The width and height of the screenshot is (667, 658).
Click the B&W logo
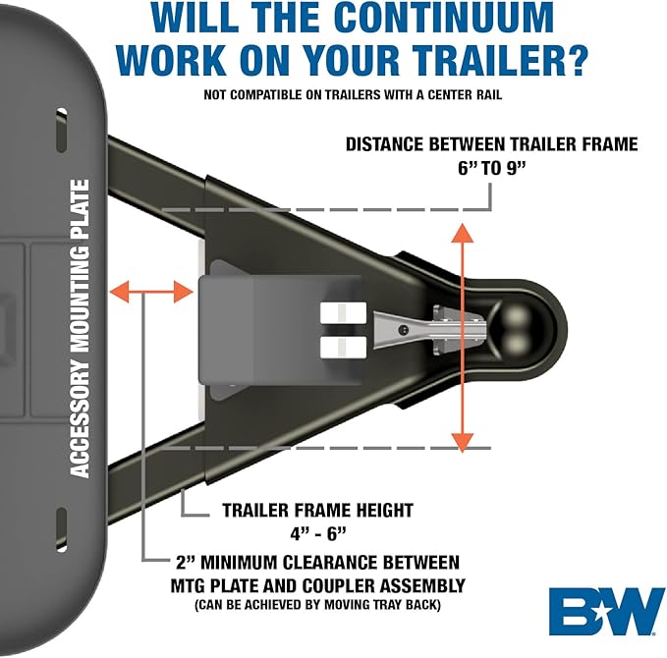(x=607, y=611)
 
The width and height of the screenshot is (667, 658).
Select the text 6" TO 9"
(x=491, y=169)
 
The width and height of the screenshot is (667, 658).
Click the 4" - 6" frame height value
(x=318, y=533)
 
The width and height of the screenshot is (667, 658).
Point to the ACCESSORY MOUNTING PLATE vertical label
(x=80, y=328)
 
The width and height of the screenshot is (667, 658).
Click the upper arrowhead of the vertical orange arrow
(x=463, y=233)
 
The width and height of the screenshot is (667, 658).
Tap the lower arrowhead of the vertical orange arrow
(x=463, y=442)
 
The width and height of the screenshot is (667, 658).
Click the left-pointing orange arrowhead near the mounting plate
(x=119, y=293)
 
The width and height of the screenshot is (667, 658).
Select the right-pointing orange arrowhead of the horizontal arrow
(x=184, y=293)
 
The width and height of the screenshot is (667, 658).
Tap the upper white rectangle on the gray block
(x=343, y=312)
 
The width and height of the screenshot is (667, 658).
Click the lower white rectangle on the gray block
(x=343, y=347)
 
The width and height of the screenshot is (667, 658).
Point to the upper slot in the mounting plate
(x=62, y=130)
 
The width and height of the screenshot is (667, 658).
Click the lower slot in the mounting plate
(x=62, y=529)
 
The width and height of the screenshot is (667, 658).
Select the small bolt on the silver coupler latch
(x=404, y=330)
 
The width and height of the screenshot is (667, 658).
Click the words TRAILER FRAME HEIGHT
(x=317, y=511)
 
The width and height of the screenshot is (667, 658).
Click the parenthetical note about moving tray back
(x=317, y=604)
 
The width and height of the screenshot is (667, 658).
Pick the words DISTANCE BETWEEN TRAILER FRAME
(x=492, y=144)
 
